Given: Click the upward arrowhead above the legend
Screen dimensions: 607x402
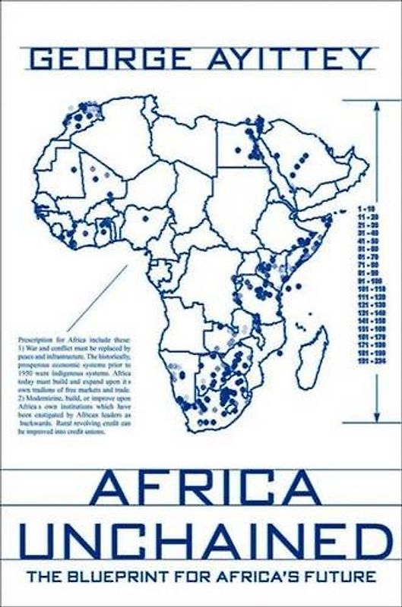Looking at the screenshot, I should coord(377,107).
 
